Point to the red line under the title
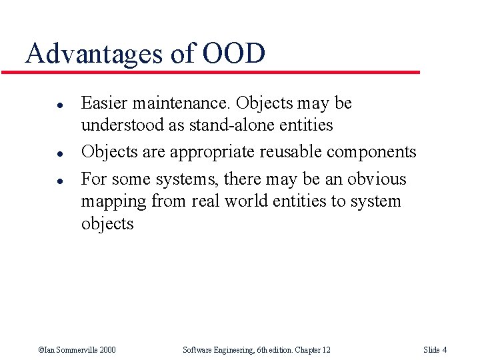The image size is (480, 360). [220, 72]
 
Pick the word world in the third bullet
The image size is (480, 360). [248, 201]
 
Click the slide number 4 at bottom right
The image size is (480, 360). [444, 350]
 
